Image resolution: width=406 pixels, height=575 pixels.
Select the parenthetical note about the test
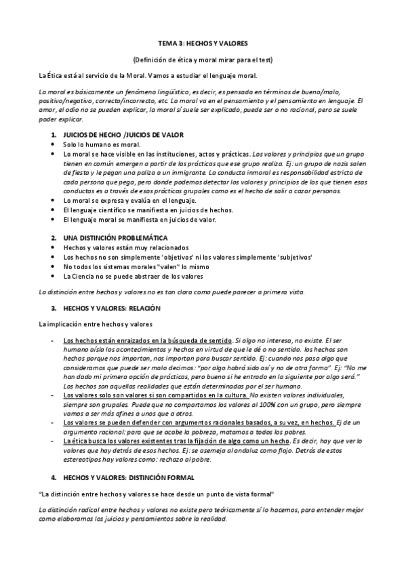point(203,59)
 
